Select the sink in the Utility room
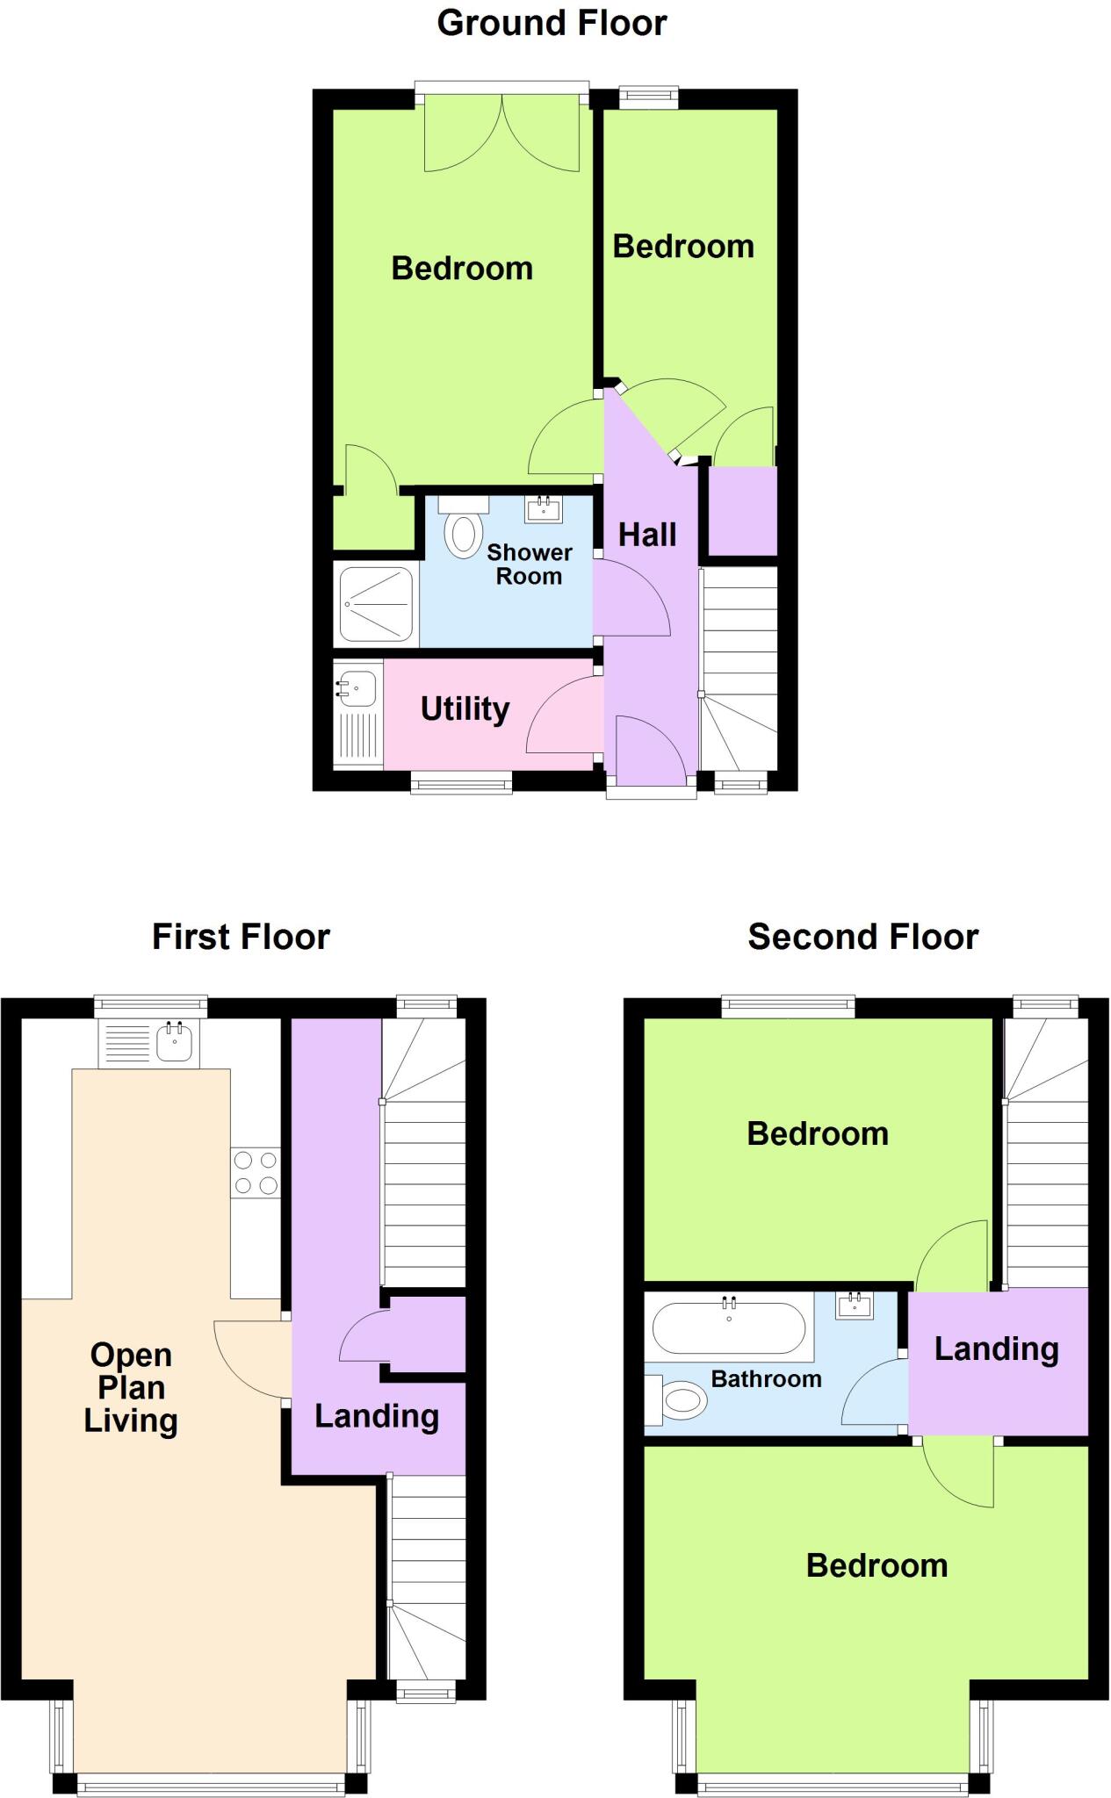pos(357,687)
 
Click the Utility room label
pos(465,708)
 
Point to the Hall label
pos(647,535)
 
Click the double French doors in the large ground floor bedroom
pos(501,133)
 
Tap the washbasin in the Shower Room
pos(543,509)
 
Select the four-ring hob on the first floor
pos(256,1173)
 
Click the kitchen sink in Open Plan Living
pos(174,1042)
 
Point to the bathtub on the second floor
pos(729,1327)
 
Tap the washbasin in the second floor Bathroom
pos(855,1306)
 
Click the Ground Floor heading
pos(552,23)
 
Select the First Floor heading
pos(241,937)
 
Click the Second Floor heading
pos(862,937)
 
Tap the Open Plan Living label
pos(131,1387)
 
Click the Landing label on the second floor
pos(996,1348)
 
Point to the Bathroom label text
pos(766,1378)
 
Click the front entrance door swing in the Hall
pos(650,751)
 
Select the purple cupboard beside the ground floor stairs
pos(743,511)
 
